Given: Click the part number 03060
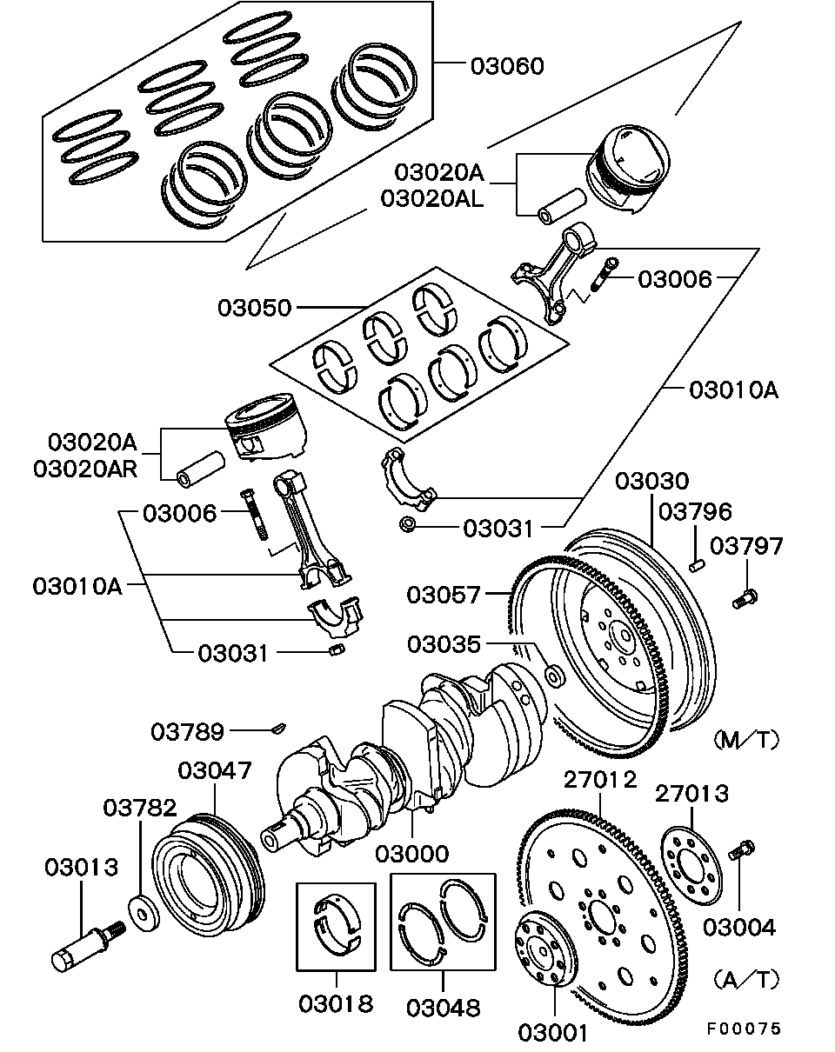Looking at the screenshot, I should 507,67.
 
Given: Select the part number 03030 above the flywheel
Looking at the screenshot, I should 651,482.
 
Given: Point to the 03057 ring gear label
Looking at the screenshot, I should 443,596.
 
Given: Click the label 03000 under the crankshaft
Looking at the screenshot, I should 412,854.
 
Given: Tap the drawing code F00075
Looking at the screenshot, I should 744,1029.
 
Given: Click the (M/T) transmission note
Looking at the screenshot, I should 745,740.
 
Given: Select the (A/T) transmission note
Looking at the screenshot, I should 745,980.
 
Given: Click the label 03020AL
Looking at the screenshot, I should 431,198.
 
